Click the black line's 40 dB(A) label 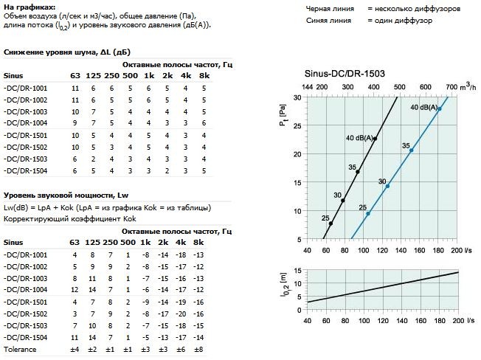point(359,138)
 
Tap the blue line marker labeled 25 point(368,213)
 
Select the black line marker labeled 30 point(345,200)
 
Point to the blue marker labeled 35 point(411,150)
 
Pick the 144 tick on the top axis point(308,87)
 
